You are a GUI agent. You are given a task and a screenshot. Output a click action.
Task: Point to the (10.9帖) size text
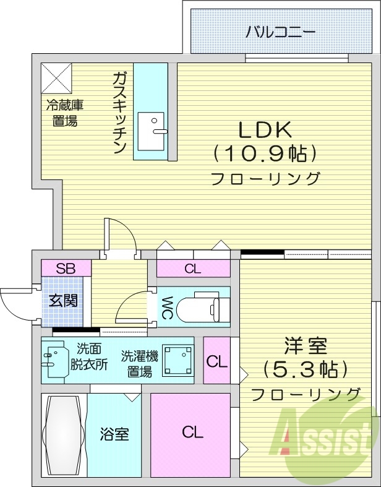(x=265, y=152)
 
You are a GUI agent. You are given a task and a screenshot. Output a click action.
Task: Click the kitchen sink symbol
(x=151, y=131)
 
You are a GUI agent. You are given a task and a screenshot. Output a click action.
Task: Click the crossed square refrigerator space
(x=57, y=78)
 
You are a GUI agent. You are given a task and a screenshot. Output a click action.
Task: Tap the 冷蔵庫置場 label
(x=64, y=113)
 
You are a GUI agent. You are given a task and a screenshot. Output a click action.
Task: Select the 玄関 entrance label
(x=63, y=301)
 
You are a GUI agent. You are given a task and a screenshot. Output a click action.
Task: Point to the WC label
(x=166, y=306)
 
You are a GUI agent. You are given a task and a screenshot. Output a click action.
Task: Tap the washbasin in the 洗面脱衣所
(x=56, y=361)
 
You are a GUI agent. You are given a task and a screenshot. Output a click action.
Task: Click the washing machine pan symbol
(x=177, y=361)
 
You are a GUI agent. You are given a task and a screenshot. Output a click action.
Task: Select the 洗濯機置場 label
(x=140, y=363)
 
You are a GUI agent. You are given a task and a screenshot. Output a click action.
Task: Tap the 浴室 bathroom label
(x=114, y=434)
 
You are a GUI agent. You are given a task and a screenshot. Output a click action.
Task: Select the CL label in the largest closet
(x=192, y=433)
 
